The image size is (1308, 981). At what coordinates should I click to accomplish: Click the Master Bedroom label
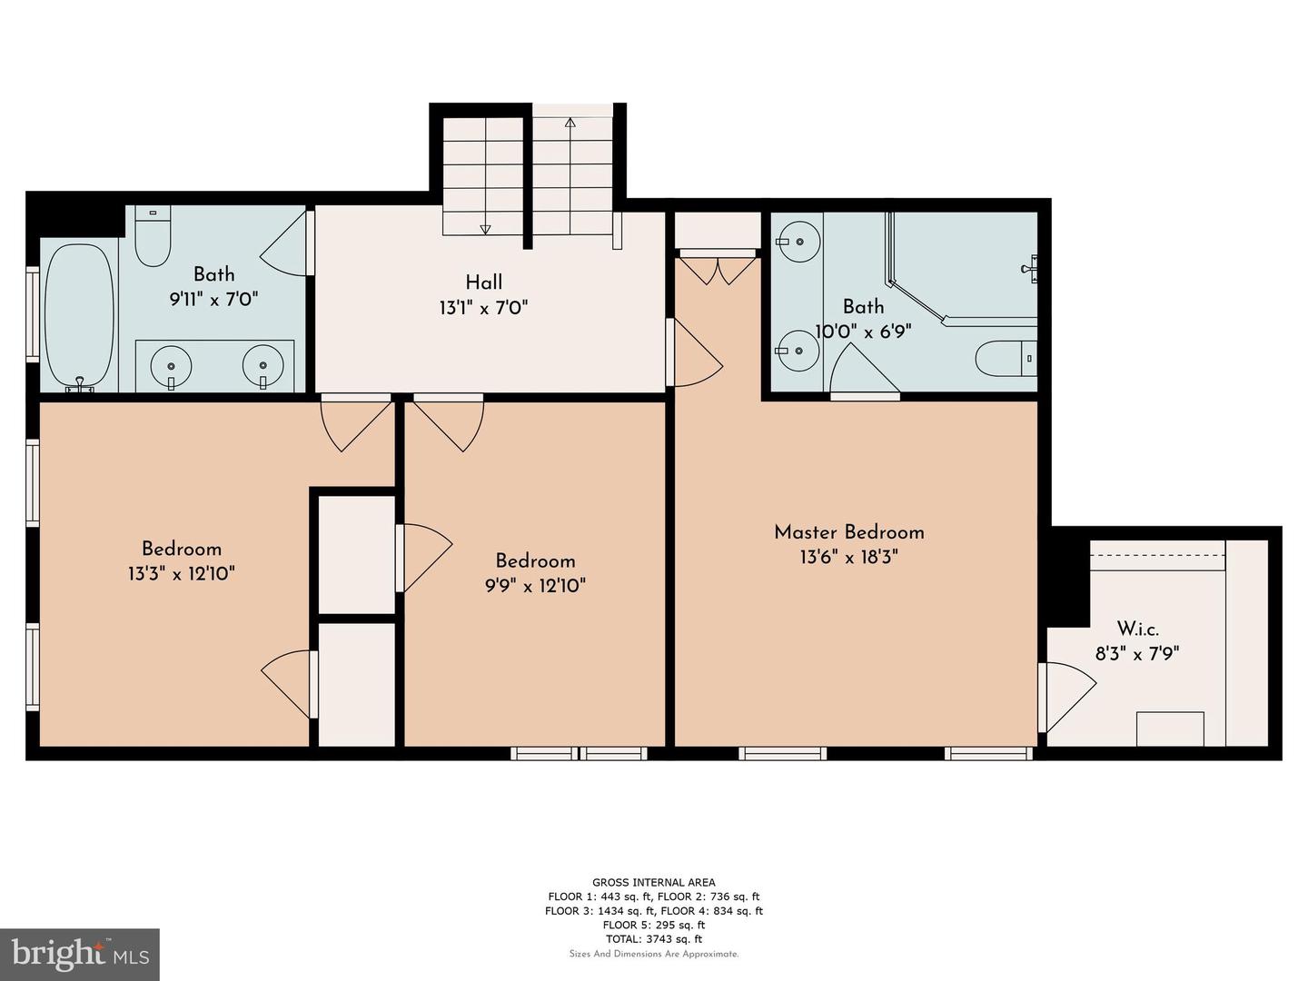848,532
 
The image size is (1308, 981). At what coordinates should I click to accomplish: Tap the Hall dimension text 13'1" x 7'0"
484,308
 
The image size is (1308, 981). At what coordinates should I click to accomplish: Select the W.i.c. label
1137,629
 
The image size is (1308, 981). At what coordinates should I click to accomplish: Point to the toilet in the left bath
153,236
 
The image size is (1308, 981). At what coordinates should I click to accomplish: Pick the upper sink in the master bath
798,242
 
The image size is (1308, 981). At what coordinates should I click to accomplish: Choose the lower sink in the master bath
798,352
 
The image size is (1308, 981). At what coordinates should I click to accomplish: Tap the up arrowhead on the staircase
570,123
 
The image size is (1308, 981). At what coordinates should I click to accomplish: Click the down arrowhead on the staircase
485,229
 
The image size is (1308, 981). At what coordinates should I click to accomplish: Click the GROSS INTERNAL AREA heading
654,882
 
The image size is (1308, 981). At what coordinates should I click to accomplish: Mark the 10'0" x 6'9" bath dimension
864,331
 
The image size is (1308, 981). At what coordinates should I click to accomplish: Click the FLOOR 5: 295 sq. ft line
654,925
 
